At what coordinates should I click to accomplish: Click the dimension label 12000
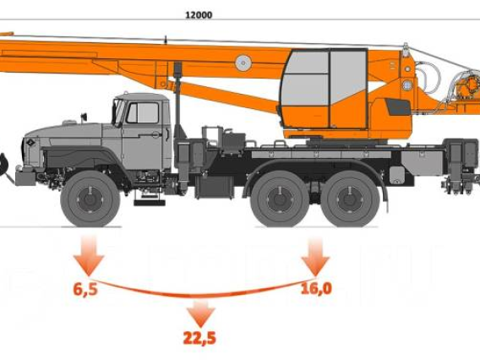tap(199, 14)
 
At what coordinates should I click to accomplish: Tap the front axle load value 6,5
tap(85, 289)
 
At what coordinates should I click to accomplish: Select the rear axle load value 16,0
tap(316, 289)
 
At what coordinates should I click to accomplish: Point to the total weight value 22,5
tap(199, 338)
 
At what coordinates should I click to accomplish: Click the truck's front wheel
tap(90, 199)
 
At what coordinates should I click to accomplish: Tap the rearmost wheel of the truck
tap(350, 199)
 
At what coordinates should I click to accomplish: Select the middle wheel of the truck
tap(280, 199)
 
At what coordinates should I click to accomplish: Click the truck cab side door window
tap(142, 112)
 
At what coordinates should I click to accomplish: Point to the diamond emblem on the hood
tap(30, 143)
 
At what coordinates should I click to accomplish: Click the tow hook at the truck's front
tap(3, 165)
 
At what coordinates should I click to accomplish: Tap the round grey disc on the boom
tap(243, 63)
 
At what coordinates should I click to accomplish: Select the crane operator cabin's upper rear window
tap(348, 74)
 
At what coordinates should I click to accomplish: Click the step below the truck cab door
tap(150, 202)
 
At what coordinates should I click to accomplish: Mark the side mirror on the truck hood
tap(84, 117)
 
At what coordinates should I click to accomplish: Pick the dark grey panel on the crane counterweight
tap(398, 106)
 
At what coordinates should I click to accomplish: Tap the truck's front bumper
tap(25, 178)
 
